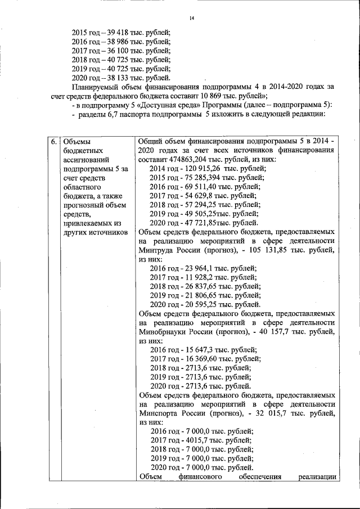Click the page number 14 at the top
[x=191, y=19]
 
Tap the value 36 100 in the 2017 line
[x=112, y=51]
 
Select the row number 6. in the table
[x=53, y=142]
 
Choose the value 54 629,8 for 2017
[x=197, y=196]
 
